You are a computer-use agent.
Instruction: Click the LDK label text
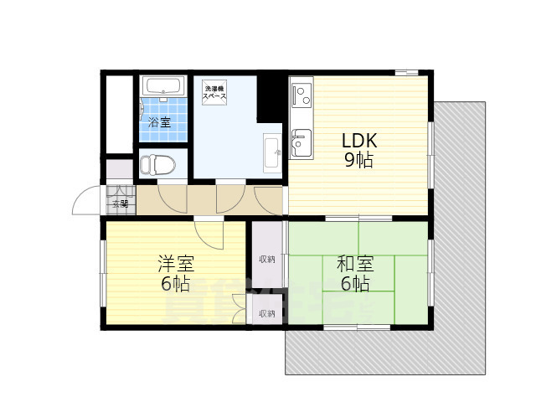(358, 141)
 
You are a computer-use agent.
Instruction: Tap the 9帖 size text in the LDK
(358, 161)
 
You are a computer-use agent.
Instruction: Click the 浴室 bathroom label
(159, 122)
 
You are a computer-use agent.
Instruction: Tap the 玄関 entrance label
(119, 203)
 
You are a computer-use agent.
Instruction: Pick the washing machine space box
(214, 92)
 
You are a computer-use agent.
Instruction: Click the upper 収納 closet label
(267, 260)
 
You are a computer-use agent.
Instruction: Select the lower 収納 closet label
(267, 313)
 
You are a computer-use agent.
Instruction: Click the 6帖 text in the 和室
(354, 285)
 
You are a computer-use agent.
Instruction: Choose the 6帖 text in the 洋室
(176, 285)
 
